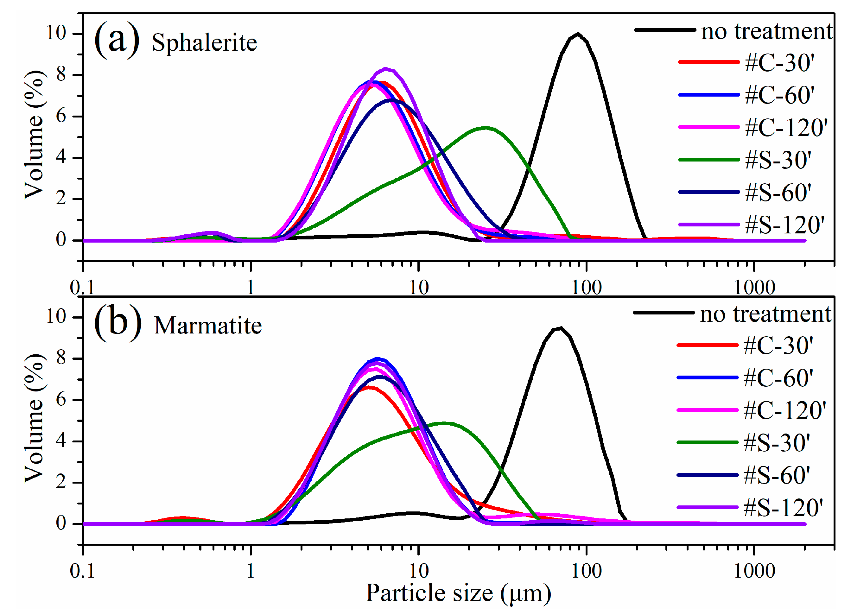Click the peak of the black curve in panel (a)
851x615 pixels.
point(578,34)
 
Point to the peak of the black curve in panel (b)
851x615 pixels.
point(560,328)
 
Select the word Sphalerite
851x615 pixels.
point(205,42)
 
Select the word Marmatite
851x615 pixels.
point(208,325)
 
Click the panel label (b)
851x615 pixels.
point(117,323)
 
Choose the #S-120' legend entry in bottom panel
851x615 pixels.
point(783,508)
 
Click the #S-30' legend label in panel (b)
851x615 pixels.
point(777,443)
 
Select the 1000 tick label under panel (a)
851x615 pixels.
point(754,288)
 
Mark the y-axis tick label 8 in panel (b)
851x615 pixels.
point(61,358)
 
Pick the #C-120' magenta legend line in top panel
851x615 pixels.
point(709,127)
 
